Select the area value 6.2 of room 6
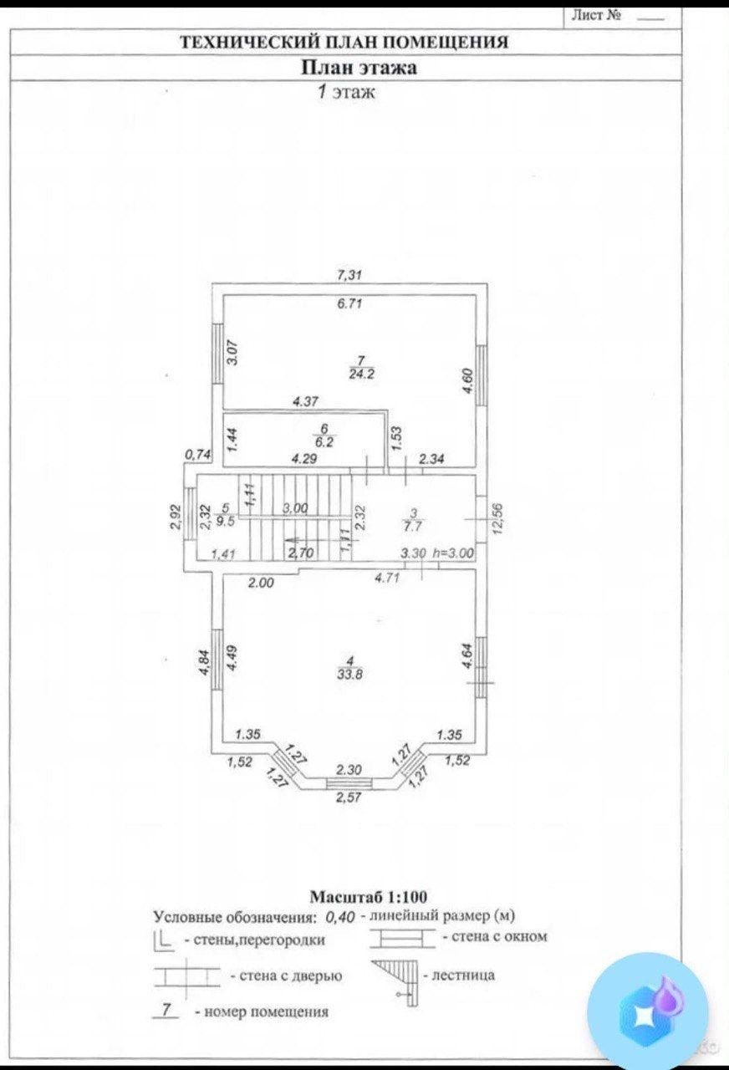point(324,442)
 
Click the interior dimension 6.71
point(349,304)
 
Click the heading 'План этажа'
point(359,68)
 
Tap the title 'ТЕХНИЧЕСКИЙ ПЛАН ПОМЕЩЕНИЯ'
point(344,42)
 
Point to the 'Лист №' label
point(596,15)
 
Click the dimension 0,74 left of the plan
point(197,455)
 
